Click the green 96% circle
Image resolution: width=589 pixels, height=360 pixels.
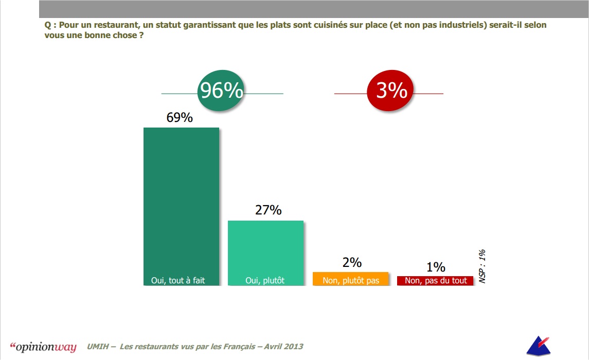(x=221, y=92)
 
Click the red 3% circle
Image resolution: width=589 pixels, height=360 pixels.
(x=391, y=92)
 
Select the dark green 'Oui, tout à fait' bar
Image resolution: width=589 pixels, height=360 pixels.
(x=181, y=206)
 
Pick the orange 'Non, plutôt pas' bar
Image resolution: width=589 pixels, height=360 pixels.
(x=350, y=279)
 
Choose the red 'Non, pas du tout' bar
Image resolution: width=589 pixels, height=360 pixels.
(x=435, y=280)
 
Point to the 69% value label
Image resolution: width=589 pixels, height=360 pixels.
(x=180, y=117)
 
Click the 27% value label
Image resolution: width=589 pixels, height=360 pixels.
(x=268, y=210)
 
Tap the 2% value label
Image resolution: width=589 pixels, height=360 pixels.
(x=352, y=262)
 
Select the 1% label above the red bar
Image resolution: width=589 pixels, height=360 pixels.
(x=435, y=267)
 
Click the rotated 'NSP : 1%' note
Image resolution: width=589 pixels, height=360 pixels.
(x=482, y=266)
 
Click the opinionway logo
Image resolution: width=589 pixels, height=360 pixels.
(x=43, y=347)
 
